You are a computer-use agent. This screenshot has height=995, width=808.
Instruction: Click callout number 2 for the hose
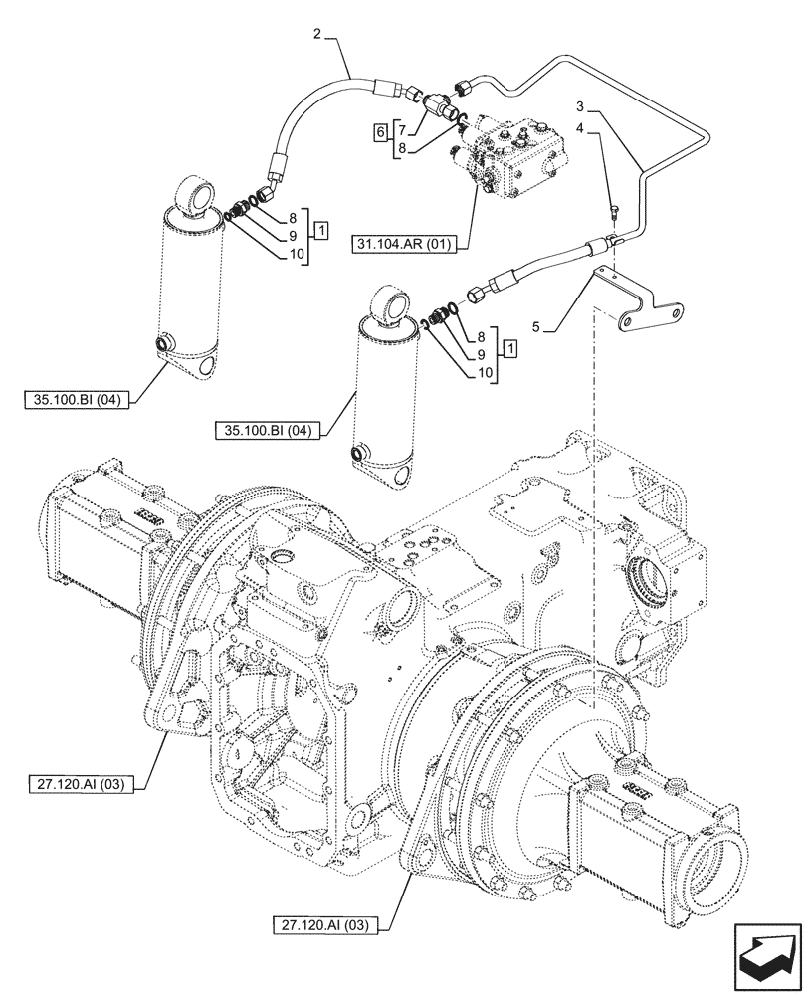coord(316,36)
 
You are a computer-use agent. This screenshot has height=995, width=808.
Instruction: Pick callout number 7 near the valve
coord(400,130)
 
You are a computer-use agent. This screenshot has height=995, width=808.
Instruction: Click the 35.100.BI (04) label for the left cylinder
coord(86,401)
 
